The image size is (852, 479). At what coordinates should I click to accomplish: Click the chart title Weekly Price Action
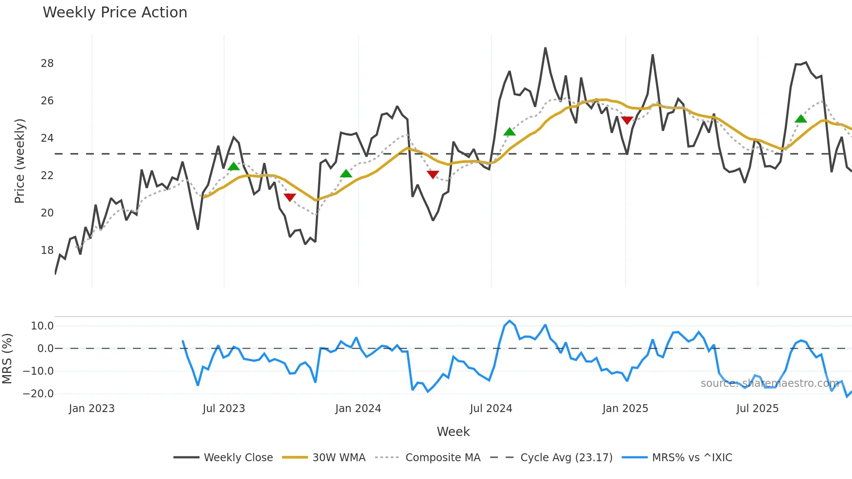(115, 13)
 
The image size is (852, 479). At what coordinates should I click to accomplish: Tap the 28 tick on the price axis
(47, 63)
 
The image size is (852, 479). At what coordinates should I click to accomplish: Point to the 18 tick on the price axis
(47, 250)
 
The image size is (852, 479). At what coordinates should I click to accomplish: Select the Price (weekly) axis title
(20, 161)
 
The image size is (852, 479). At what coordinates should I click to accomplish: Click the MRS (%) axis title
(7, 359)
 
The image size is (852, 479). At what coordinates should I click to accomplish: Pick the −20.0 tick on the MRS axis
(38, 394)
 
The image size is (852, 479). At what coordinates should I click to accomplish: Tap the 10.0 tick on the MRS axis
(42, 326)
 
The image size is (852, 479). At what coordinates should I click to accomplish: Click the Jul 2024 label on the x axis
(491, 409)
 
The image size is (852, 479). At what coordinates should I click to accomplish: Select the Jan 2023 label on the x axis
(91, 409)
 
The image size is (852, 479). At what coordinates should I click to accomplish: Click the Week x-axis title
(453, 432)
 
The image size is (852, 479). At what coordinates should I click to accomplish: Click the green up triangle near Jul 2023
(233, 166)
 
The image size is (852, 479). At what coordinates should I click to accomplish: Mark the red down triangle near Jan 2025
(627, 120)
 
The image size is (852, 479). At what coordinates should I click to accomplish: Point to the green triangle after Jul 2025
(801, 119)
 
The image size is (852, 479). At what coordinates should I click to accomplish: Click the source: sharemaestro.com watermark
(769, 383)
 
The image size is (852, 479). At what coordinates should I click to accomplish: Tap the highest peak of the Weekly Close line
(545, 48)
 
